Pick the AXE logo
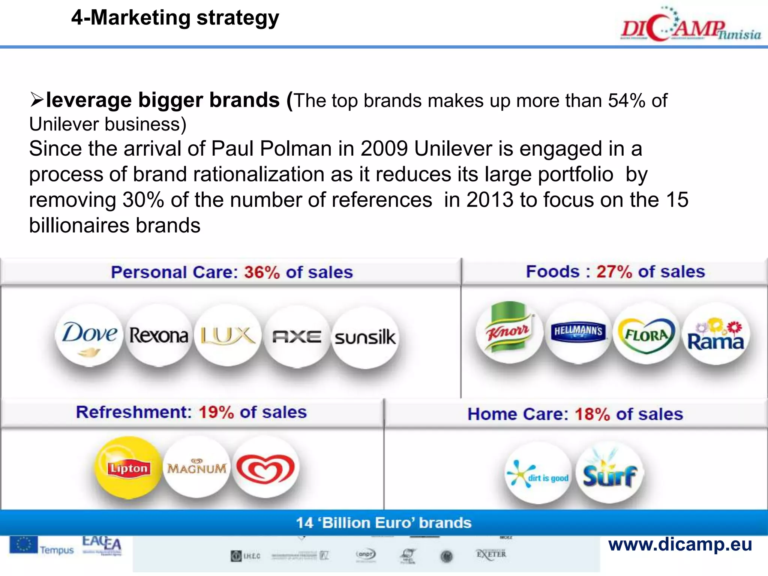[x=297, y=336]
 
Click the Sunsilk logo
[x=365, y=337]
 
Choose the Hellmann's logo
[x=578, y=331]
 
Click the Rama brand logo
[x=715, y=335]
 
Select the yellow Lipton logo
[x=128, y=468]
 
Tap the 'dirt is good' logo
[x=538, y=474]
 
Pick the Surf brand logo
[x=609, y=473]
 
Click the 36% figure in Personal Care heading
[x=262, y=272]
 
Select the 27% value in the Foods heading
[x=614, y=271]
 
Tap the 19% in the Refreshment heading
[x=216, y=412]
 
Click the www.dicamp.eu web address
[x=680, y=544]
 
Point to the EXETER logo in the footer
[x=491, y=554]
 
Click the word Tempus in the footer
[x=57, y=550]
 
